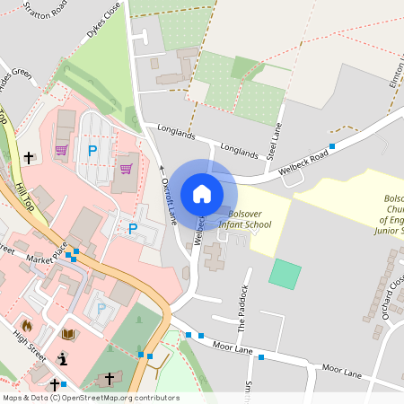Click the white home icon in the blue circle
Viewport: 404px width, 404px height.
point(202,193)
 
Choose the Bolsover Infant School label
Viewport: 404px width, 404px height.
point(252,221)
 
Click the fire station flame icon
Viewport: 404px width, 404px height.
point(27,325)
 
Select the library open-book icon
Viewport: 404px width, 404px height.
point(68,335)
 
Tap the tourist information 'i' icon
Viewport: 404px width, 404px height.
point(62,359)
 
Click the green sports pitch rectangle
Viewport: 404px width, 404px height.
point(285,273)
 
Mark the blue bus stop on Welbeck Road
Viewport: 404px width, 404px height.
point(332,145)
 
